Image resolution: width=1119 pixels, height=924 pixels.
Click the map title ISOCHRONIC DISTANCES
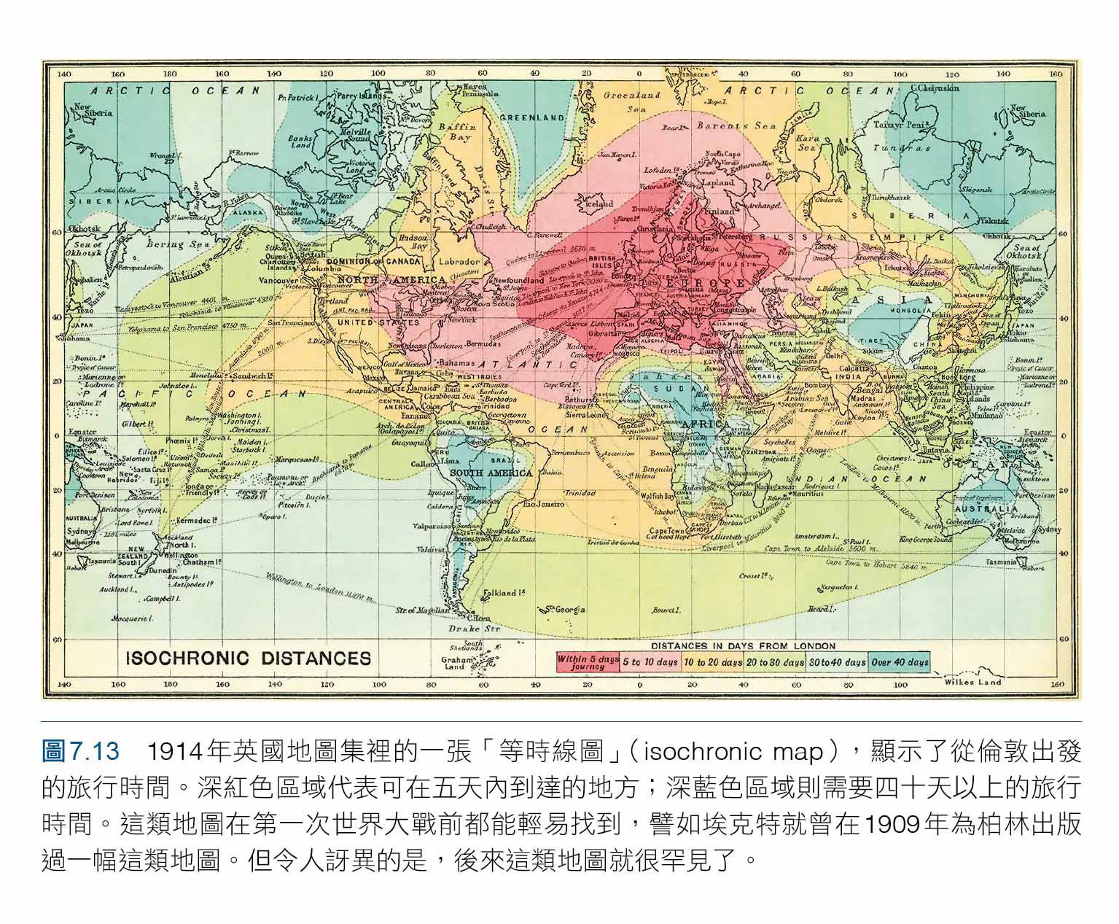point(248,659)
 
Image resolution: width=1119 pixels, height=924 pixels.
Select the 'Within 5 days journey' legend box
point(588,661)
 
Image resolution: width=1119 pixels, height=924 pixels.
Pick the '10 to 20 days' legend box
point(711,662)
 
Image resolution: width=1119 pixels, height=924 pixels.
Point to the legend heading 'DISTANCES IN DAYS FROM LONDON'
point(743,645)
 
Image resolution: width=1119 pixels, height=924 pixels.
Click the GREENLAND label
point(532,117)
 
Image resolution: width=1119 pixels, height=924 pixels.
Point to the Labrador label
point(459,261)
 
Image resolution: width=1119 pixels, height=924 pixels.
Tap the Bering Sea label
point(179,244)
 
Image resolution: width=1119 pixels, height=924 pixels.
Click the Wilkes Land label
point(972,682)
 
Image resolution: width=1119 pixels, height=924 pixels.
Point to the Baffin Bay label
point(456,131)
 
